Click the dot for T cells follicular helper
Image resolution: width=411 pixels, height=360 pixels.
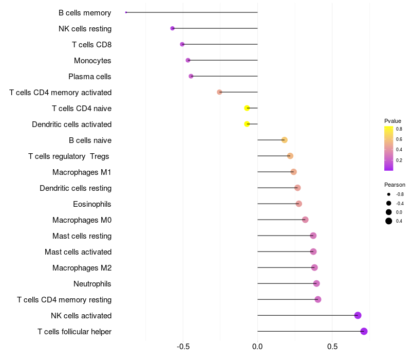pos(364,331)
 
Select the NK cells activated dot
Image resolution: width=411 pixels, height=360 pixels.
pos(358,315)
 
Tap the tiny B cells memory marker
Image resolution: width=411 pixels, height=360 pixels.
pos(126,12)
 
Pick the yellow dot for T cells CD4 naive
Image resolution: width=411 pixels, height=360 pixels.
pos(247,108)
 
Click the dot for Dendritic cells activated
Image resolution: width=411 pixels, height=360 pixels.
pos(247,124)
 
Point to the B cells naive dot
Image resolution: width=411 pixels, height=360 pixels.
pos(284,140)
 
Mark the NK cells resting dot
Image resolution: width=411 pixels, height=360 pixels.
pos(173,28)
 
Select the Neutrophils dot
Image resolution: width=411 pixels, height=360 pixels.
pos(316,283)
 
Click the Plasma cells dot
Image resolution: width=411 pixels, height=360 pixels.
pos(191,76)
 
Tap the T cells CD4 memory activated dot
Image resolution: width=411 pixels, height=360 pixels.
pos(219,92)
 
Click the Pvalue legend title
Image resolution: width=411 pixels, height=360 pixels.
pos(393,121)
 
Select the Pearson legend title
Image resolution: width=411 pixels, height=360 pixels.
pos(395,185)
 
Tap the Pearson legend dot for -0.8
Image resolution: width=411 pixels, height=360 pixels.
pos(389,194)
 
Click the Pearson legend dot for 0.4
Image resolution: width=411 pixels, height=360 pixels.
pos(389,221)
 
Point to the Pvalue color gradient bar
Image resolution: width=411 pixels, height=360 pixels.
pos(388,148)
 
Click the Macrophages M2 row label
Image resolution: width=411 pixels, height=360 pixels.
pos(82,268)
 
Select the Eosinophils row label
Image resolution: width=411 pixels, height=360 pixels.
pos(92,204)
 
